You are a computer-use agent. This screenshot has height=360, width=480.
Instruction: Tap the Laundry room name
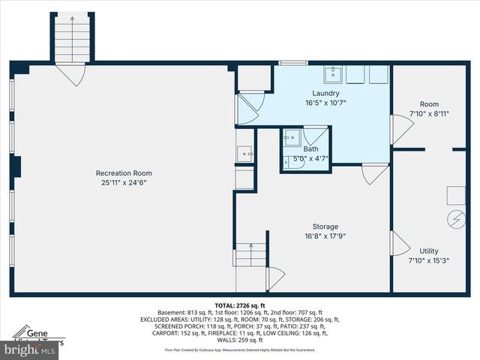click(x=325, y=93)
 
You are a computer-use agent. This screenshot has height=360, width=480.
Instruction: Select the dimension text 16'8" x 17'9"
click(x=325, y=235)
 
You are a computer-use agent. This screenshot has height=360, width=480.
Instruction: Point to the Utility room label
click(x=429, y=251)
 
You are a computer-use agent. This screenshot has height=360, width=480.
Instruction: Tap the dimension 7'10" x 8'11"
click(x=429, y=114)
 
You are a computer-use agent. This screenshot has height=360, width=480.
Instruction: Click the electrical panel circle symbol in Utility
click(x=454, y=220)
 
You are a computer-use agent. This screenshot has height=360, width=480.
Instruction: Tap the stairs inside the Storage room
click(x=250, y=255)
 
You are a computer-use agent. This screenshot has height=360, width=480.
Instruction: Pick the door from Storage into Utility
click(x=400, y=244)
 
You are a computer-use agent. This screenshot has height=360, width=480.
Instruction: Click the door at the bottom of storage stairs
click(x=275, y=277)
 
